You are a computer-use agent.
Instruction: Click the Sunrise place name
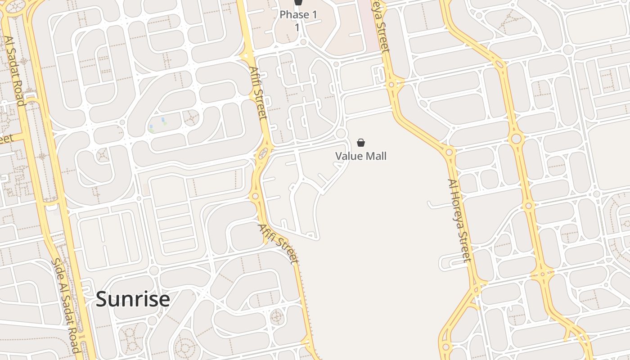click(133, 299)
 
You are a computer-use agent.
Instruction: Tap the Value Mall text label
click(361, 156)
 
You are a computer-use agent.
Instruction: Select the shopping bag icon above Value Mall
click(361, 143)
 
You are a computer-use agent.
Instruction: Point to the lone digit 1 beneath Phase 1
click(297, 27)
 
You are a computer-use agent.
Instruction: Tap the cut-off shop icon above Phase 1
click(298, 2)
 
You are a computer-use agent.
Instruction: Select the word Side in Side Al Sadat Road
click(57, 269)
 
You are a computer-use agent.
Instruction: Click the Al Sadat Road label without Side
click(14, 71)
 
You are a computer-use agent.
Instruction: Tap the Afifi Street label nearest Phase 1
click(258, 93)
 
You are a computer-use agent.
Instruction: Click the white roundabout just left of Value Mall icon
click(341, 133)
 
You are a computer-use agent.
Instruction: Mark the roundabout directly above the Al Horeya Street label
click(449, 152)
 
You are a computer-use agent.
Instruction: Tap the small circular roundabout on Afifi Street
click(255, 196)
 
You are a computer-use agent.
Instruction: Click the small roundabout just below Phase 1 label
click(303, 42)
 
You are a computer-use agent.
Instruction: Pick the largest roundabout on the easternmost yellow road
click(516, 138)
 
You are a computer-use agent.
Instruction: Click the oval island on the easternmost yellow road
click(499, 64)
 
